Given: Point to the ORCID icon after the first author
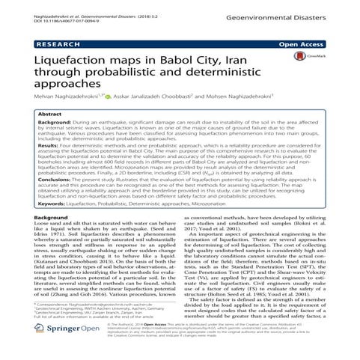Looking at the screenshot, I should pyautogui.click(x=107, y=118).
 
